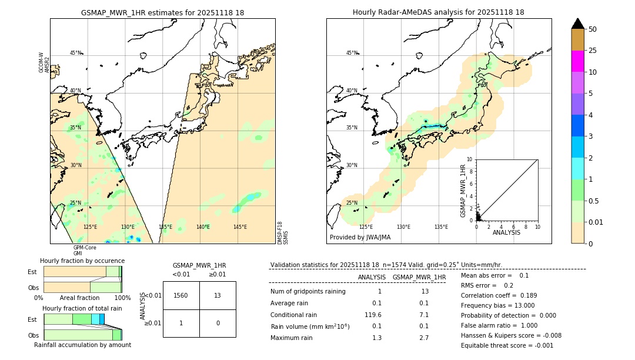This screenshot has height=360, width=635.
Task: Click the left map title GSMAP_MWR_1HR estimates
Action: [162, 12]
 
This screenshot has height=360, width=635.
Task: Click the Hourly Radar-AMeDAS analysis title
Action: [438, 12]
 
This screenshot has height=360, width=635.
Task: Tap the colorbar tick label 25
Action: [593, 51]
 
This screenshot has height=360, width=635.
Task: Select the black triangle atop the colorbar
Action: [578, 24]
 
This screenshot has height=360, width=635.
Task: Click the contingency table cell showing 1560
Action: [181, 295]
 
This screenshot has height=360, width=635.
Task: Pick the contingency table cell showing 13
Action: [218, 295]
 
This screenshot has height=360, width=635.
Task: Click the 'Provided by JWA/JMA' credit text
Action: [360, 238]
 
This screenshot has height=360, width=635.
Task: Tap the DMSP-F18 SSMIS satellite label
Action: [283, 232]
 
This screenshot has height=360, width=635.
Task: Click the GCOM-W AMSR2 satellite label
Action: [44, 62]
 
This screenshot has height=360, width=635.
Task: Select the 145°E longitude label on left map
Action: [240, 227]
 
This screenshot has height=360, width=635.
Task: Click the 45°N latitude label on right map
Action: [352, 53]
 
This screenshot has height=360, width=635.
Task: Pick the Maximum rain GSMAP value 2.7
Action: [424, 338]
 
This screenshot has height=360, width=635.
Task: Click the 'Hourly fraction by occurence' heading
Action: [82, 261]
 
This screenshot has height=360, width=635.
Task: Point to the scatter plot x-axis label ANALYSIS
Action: [506, 232]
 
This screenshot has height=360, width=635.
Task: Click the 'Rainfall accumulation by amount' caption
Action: [82, 345]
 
